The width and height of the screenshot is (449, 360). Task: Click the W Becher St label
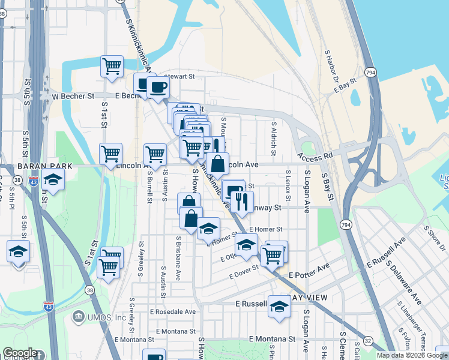[x=73, y=95]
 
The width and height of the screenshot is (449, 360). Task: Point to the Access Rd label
[x=315, y=155]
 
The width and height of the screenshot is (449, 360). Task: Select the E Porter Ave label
[x=309, y=275]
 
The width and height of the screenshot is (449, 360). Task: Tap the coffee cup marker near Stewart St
[x=158, y=87]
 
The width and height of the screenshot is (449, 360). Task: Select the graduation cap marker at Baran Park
[x=53, y=179]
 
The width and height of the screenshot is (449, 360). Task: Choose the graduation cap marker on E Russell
[x=279, y=306]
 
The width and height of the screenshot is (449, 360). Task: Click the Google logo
[x=20, y=353]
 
